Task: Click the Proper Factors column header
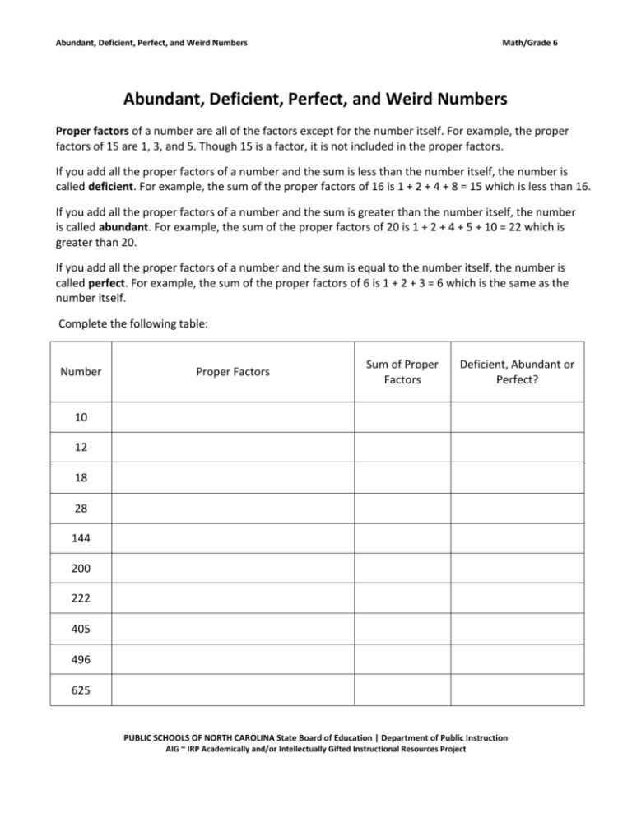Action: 233,372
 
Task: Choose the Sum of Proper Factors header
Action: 403,372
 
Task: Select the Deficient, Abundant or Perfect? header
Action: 518,372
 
